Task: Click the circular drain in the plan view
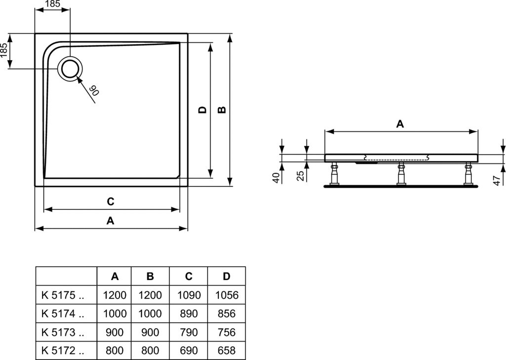pyautogui.click(x=70, y=69)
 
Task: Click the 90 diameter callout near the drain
pyautogui.click(x=93, y=91)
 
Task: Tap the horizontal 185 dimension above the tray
pyautogui.click(x=52, y=4)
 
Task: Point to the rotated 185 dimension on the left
pyautogui.click(x=4, y=50)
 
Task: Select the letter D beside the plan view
pyautogui.click(x=202, y=110)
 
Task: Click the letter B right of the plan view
pyautogui.click(x=222, y=110)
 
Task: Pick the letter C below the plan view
pyautogui.click(x=110, y=201)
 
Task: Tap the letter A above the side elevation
pyautogui.click(x=400, y=123)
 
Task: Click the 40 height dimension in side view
pyautogui.click(x=276, y=178)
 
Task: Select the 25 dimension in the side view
pyautogui.click(x=300, y=176)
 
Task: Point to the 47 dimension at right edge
pyautogui.click(x=497, y=181)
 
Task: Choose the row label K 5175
pyautogui.click(x=58, y=295)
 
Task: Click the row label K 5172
pyautogui.click(x=58, y=350)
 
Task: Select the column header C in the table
pyautogui.click(x=189, y=277)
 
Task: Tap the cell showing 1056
pyautogui.click(x=226, y=295)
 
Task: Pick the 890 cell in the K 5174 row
pyautogui.click(x=189, y=314)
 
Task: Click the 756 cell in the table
pyautogui.click(x=226, y=332)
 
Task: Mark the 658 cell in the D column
pyautogui.click(x=226, y=350)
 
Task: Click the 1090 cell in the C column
pyautogui.click(x=189, y=295)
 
